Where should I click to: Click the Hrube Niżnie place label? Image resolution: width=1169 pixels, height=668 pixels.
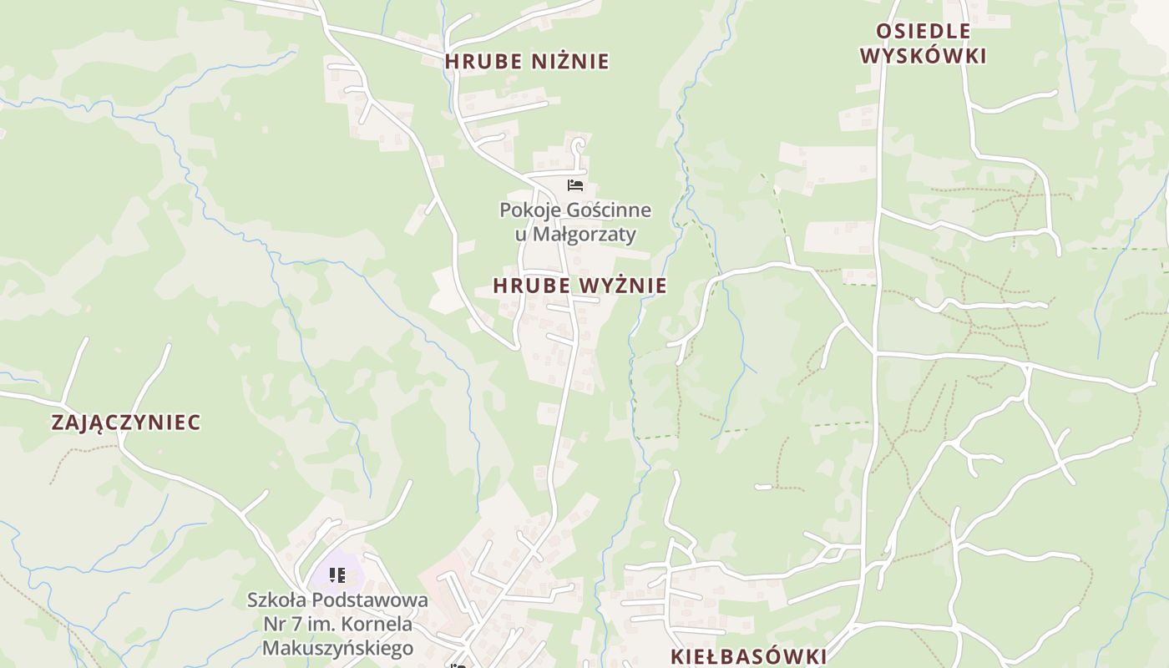point(527,62)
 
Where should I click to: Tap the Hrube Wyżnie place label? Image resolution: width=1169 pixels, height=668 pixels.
point(579,286)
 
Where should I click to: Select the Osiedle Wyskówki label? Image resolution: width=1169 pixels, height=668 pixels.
point(923,43)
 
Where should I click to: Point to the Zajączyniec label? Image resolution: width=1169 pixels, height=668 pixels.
point(126,423)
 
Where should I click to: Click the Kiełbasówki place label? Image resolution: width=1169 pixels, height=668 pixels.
point(748,656)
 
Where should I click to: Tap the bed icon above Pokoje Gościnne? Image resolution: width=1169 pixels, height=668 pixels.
point(574,185)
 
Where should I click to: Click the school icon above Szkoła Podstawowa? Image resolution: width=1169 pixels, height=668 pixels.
point(337,575)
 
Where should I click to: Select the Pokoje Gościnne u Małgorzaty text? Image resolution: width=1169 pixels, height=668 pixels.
point(575,222)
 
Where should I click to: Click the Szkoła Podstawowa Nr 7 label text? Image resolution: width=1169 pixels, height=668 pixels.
point(337,624)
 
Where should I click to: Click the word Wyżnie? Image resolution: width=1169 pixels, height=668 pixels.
point(623,286)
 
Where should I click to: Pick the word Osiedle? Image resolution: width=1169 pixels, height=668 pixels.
point(911,32)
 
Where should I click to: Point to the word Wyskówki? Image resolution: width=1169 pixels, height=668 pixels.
point(923,56)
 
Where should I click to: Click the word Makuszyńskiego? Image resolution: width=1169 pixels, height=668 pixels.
point(337,648)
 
